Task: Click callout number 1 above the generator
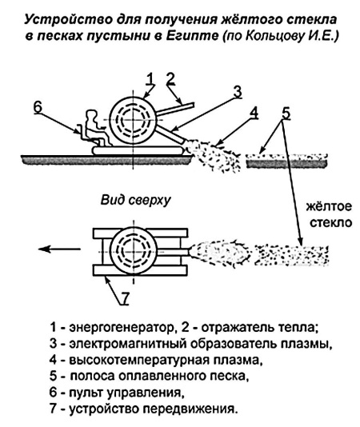pyautogui.click(x=150, y=79)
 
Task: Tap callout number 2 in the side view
pyautogui.click(x=170, y=78)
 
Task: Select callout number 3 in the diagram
pyautogui.click(x=238, y=92)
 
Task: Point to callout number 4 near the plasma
pyautogui.click(x=254, y=113)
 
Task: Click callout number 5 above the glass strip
pyautogui.click(x=286, y=114)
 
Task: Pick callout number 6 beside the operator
pyautogui.click(x=38, y=107)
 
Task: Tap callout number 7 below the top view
pyautogui.click(x=124, y=298)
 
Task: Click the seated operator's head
pyautogui.click(x=91, y=115)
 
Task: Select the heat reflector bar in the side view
pyautogui.click(x=175, y=109)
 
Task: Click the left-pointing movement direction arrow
pyautogui.click(x=59, y=249)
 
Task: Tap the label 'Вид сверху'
pyautogui.click(x=135, y=200)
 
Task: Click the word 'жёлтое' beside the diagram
pyautogui.click(x=329, y=206)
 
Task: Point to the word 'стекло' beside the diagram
pyautogui.click(x=331, y=223)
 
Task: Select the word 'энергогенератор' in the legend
pyautogui.click(x=122, y=328)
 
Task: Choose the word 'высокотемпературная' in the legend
pyautogui.click(x=140, y=361)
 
